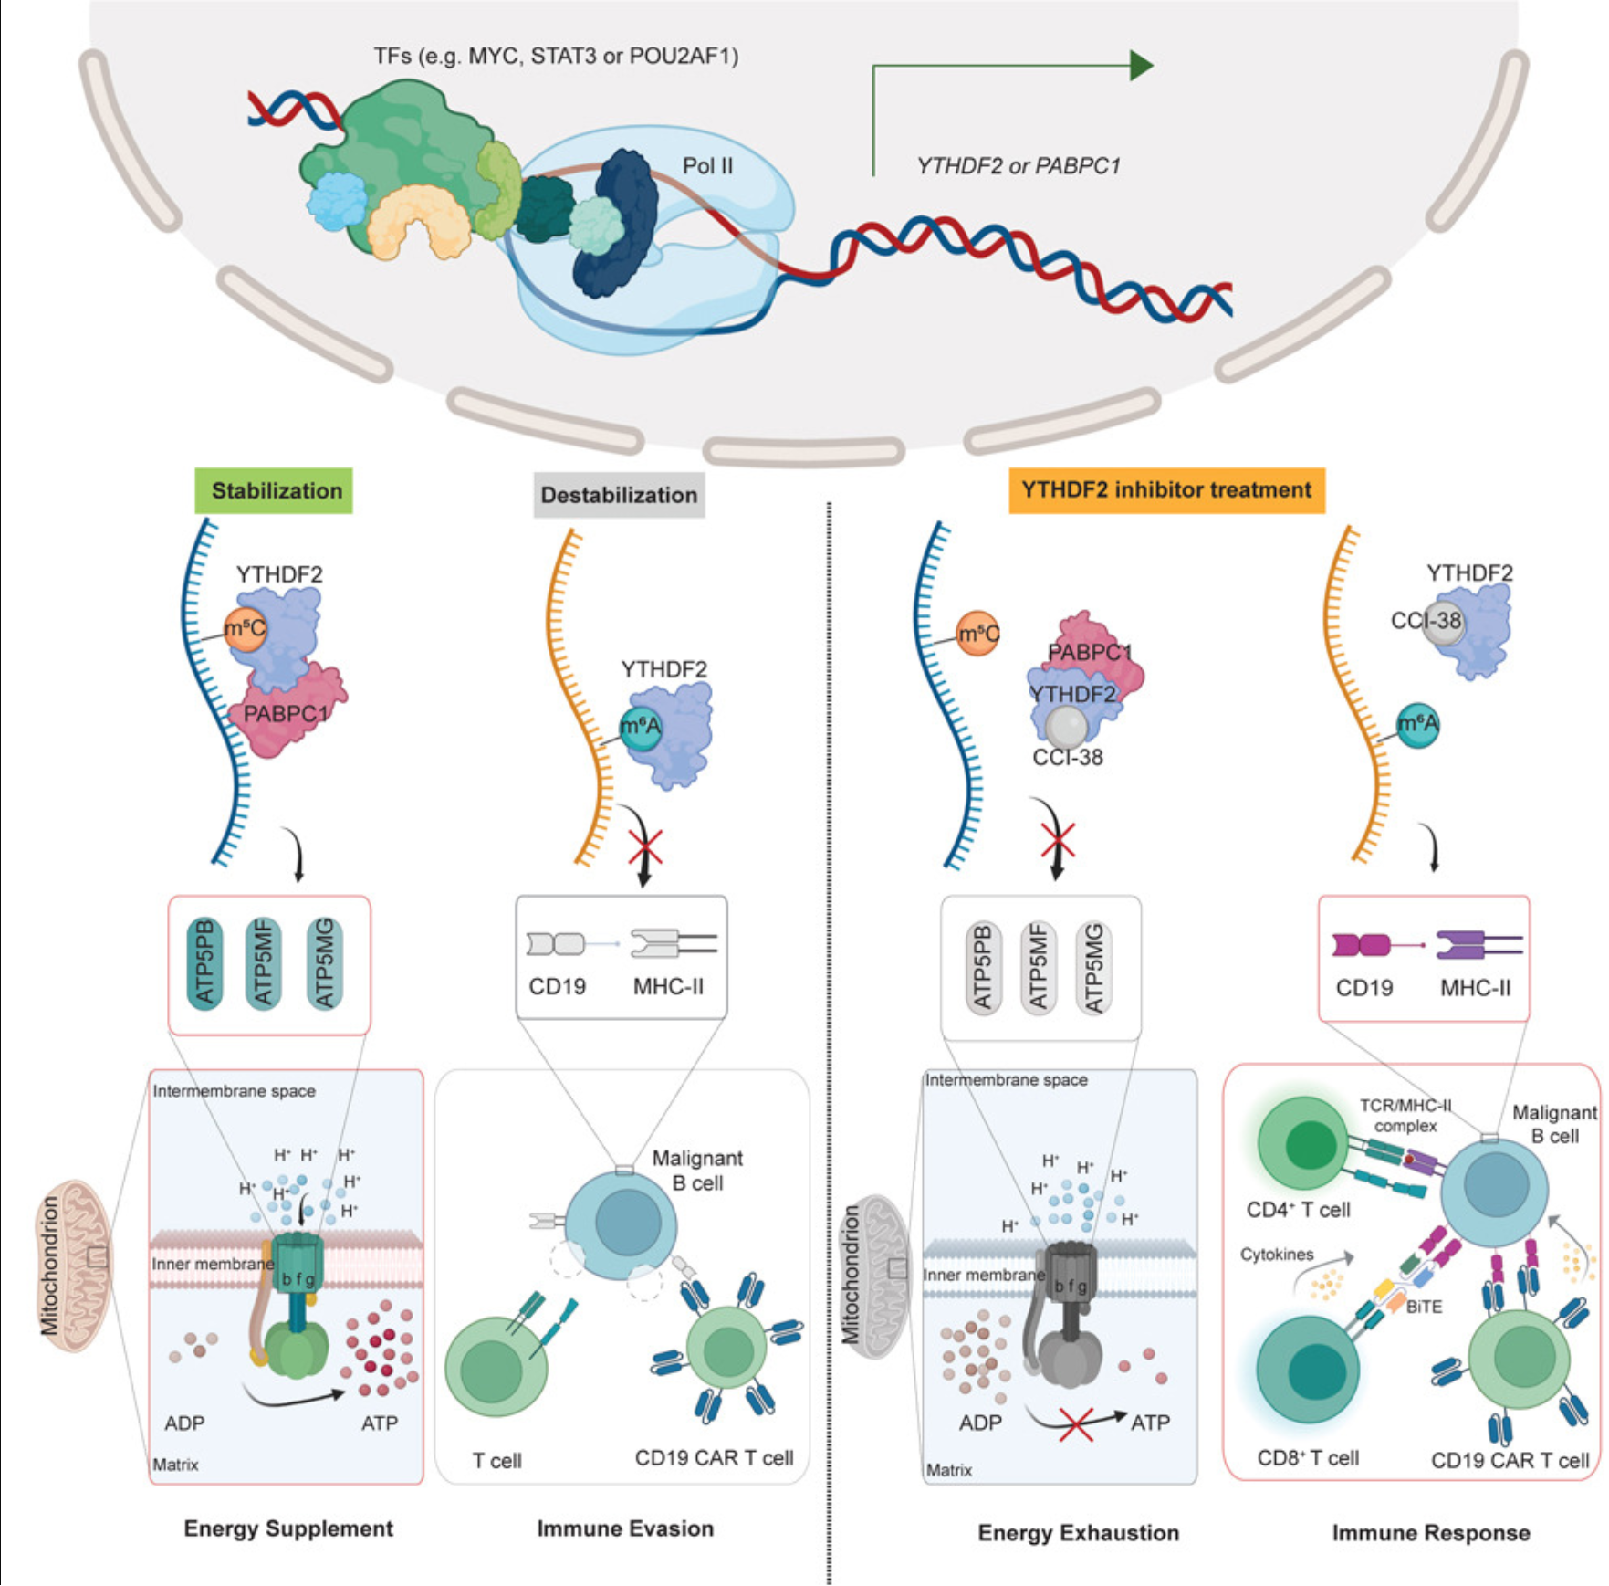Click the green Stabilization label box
pyautogui.click(x=274, y=491)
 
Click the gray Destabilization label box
pyautogui.click(x=619, y=495)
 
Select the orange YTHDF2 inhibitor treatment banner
pyautogui.click(x=1165, y=490)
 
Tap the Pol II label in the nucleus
pyautogui.click(x=707, y=166)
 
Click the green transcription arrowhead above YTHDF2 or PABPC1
pyautogui.click(x=1140, y=66)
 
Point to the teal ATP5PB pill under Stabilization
pyautogui.click(x=204, y=962)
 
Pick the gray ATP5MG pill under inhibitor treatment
pyautogui.click(x=1093, y=968)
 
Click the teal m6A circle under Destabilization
pyautogui.click(x=641, y=727)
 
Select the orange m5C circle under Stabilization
pyautogui.click(x=245, y=629)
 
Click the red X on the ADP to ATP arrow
pyautogui.click(x=1076, y=1423)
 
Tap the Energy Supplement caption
pyautogui.click(x=288, y=1528)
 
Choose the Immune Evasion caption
pyautogui.click(x=625, y=1528)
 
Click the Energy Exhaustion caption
pyautogui.click(x=1078, y=1533)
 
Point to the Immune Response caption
pyautogui.click(x=1430, y=1533)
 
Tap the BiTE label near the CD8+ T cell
pyautogui.click(x=1424, y=1307)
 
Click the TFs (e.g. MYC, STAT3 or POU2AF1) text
pyautogui.click(x=556, y=57)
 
